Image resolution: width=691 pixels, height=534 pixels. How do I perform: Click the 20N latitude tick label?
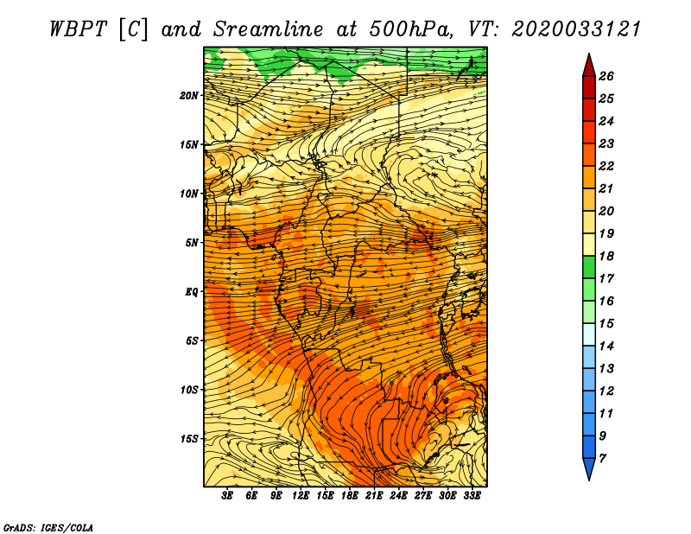(x=189, y=96)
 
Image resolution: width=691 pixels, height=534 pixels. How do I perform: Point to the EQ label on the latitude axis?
(x=192, y=292)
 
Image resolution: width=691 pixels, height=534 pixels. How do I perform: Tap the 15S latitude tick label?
(x=189, y=439)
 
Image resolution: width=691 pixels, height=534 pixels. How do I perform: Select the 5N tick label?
(x=192, y=243)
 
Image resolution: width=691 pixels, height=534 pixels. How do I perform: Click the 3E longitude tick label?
(x=227, y=495)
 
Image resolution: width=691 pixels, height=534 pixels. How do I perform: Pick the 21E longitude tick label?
(x=374, y=495)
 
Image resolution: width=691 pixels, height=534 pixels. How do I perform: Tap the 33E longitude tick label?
(x=472, y=495)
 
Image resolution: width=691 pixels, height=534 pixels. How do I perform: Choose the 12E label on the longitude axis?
(x=300, y=495)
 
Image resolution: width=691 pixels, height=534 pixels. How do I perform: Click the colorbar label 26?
(x=606, y=76)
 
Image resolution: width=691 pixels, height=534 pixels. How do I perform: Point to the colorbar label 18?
(x=606, y=256)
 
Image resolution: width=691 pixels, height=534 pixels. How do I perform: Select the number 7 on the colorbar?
(x=602, y=458)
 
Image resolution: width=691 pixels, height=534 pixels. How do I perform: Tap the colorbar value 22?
(x=606, y=166)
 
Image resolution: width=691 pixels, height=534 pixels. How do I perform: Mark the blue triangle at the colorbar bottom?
(x=589, y=467)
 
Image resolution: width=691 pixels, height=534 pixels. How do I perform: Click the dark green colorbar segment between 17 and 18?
(x=589, y=267)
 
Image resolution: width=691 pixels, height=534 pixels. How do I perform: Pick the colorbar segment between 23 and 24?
(x=589, y=132)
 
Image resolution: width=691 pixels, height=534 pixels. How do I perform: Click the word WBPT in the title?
(x=78, y=29)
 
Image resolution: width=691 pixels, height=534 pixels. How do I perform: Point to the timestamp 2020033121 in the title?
(x=576, y=29)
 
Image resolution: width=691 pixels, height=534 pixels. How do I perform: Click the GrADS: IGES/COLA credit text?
(x=48, y=527)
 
